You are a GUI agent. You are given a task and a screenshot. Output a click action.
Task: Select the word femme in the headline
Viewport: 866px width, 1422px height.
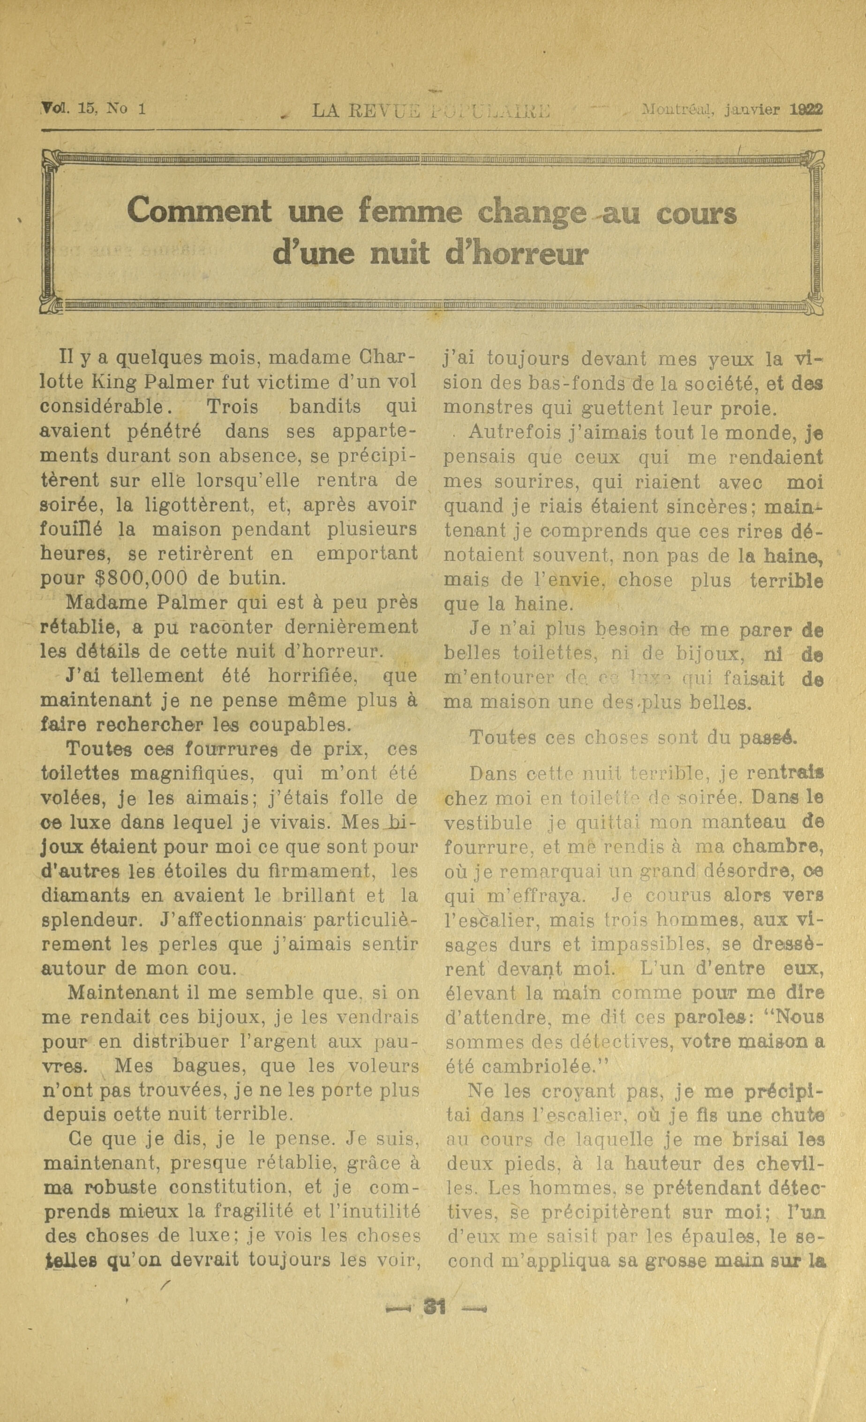(409, 212)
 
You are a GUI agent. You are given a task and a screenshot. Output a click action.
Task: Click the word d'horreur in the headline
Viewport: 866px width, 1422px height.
(516, 254)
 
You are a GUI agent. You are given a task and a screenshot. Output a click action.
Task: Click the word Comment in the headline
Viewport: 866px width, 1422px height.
(199, 212)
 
